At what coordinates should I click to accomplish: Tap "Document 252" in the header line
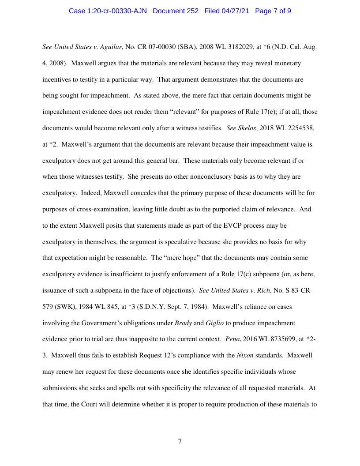[176, 11]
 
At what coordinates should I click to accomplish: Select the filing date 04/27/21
[235, 11]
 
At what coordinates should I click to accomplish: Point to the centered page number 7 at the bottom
[180, 441]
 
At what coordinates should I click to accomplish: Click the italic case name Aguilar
[109, 46]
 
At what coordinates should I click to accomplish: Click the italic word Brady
[183, 323]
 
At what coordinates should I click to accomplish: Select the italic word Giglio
[214, 323]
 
